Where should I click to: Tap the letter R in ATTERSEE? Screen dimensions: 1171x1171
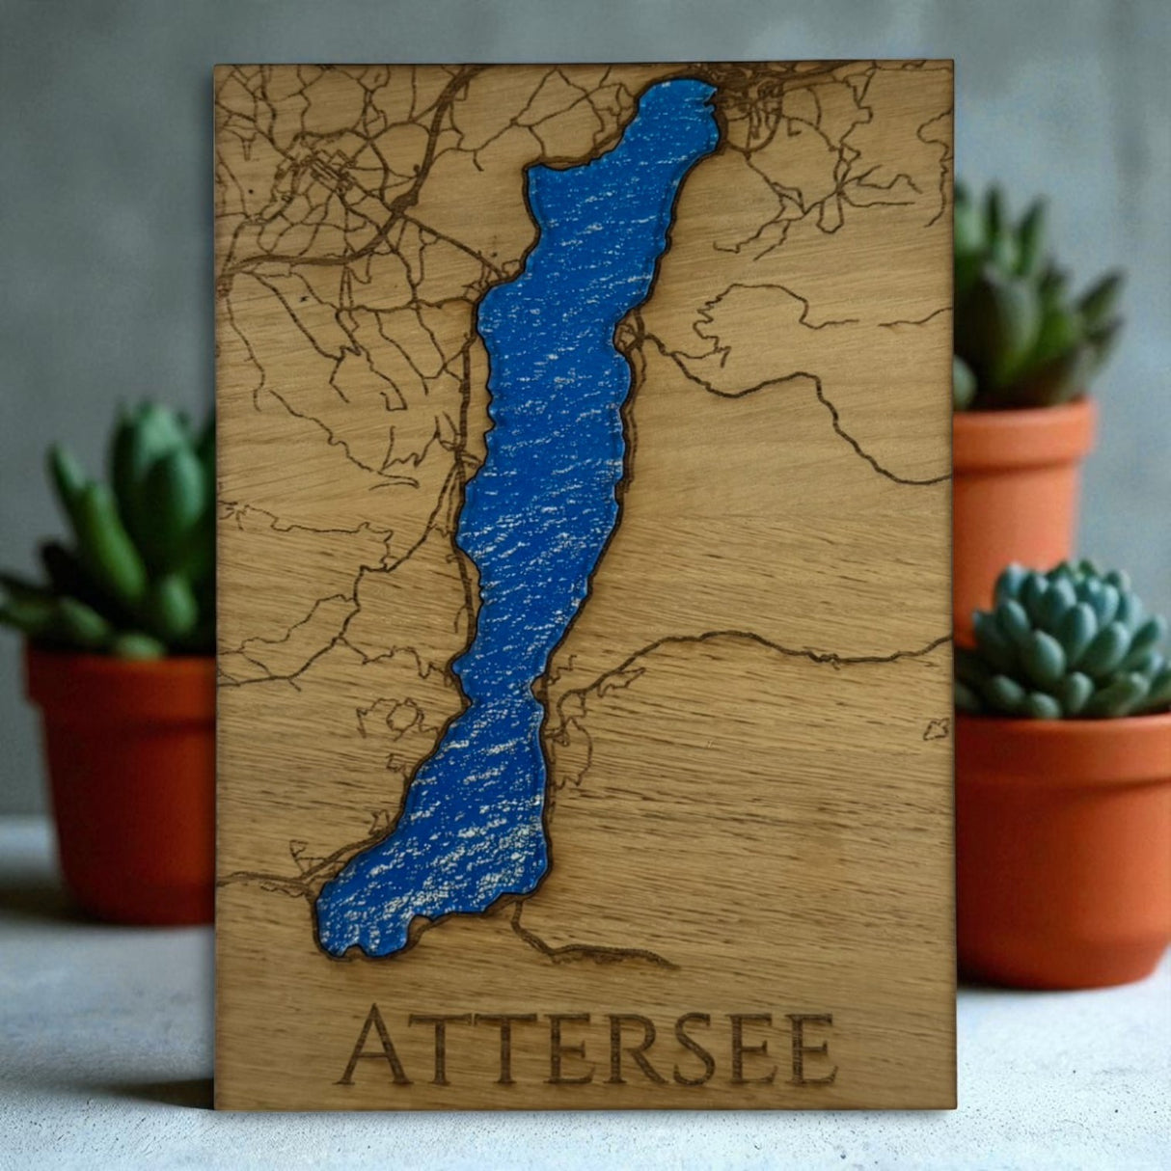634,1048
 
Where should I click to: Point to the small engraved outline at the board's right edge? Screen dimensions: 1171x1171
936,728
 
